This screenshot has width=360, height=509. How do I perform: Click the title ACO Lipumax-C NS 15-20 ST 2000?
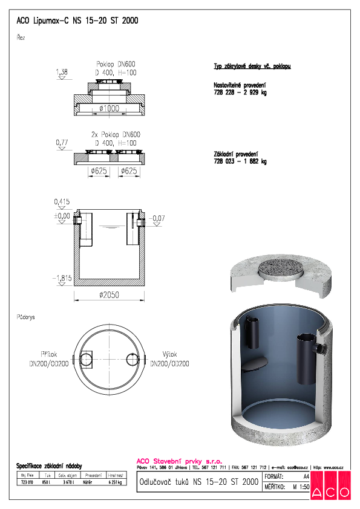(x=77, y=21)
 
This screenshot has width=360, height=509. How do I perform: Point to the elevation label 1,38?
(x=61, y=73)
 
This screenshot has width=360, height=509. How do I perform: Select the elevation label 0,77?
(x=61, y=142)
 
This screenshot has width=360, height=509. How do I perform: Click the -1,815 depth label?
(x=62, y=277)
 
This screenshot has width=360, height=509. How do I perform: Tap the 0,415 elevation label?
(x=61, y=201)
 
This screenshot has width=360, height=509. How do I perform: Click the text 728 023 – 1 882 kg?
(x=240, y=161)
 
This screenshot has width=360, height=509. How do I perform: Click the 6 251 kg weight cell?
(x=115, y=482)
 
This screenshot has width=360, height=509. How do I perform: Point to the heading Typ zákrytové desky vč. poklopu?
(x=252, y=66)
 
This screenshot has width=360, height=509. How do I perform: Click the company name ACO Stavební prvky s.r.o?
(x=171, y=460)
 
